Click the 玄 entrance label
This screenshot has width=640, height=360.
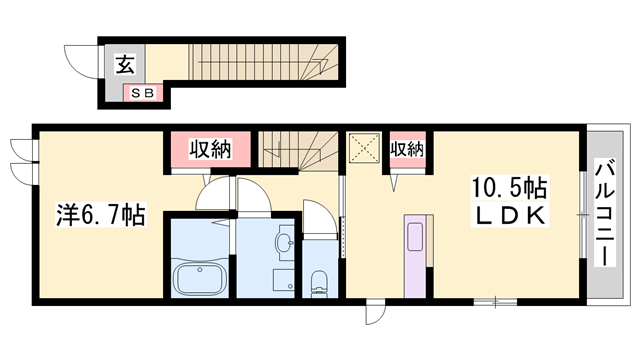124,65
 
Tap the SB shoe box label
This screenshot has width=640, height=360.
143,93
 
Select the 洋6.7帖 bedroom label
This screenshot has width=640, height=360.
101,215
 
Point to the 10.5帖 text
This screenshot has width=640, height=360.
509,188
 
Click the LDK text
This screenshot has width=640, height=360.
509,215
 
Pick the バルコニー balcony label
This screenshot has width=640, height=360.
605,212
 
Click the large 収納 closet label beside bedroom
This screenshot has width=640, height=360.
210,149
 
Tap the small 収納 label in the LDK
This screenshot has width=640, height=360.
407,149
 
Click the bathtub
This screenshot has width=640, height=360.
199,278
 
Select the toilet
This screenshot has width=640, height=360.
319,283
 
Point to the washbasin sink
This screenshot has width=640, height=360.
284,243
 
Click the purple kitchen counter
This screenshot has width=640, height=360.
415,256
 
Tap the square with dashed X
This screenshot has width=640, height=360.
364,147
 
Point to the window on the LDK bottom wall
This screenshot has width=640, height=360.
495,302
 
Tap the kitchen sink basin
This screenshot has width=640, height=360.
416,237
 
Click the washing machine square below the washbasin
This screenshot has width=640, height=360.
284,280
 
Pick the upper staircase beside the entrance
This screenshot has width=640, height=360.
263,62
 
